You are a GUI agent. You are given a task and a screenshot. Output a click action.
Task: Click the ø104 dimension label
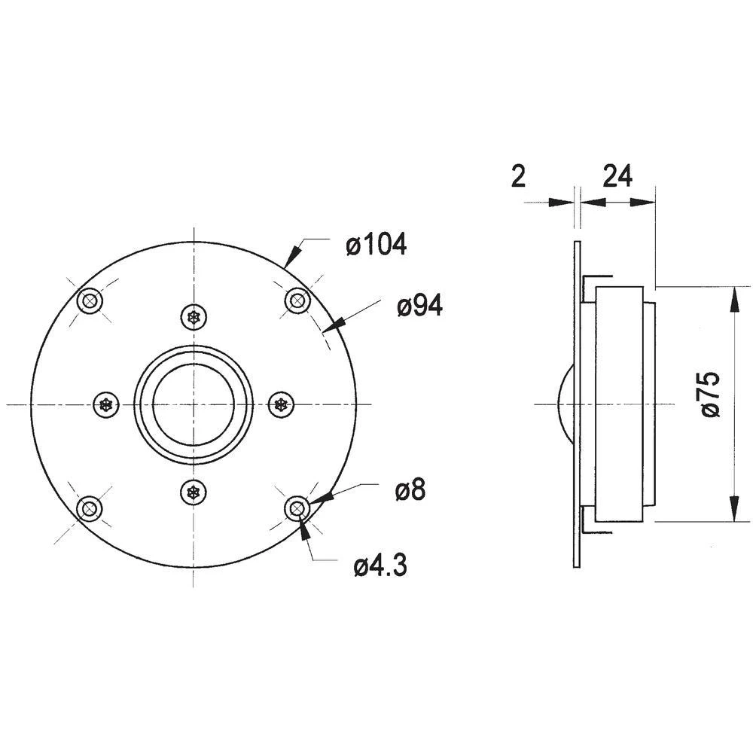[x=376, y=244]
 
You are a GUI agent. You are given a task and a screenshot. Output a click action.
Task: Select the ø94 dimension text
[x=420, y=306]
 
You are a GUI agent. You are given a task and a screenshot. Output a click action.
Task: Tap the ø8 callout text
[x=410, y=491]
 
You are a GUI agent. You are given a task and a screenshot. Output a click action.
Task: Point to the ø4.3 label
[x=381, y=565]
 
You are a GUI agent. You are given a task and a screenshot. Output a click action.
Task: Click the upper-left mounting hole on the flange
[x=91, y=302]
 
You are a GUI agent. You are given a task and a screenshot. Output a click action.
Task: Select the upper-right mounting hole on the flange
[x=297, y=302]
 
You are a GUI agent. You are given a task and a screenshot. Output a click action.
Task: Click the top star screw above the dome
[x=194, y=317]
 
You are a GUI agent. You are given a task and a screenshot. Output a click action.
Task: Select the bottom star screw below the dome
[x=194, y=493]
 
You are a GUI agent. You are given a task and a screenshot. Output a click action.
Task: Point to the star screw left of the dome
[x=106, y=405]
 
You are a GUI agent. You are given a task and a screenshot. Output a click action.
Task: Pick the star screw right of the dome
[x=282, y=405]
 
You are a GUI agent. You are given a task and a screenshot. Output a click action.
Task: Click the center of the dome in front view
[x=194, y=405]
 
